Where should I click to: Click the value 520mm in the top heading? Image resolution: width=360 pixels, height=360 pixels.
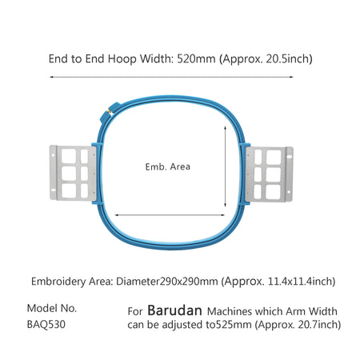point(196,58)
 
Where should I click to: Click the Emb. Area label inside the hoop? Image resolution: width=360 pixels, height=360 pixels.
point(168,166)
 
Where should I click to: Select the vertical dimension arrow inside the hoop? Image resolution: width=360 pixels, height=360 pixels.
point(226,166)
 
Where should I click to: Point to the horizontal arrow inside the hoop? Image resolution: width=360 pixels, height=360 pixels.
point(170,214)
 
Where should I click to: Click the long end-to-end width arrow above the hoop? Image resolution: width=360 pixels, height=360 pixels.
point(171,77)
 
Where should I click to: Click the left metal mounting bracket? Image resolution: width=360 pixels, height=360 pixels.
point(73,173)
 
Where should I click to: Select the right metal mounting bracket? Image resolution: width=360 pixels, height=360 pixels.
point(269,174)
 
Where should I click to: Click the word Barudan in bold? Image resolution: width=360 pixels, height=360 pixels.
point(174,310)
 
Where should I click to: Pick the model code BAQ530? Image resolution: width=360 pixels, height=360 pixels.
point(46,325)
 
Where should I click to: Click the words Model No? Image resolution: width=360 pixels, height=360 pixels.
point(52,309)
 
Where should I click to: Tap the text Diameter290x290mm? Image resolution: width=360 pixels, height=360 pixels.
point(166,282)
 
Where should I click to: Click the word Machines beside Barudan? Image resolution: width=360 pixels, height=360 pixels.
point(230,311)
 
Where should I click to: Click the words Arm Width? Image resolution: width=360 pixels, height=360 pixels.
point(311,311)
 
